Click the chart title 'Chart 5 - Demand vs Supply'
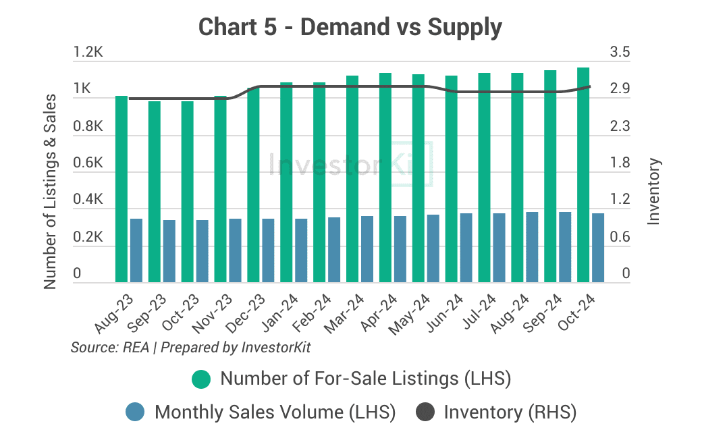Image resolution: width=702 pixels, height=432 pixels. [350, 28]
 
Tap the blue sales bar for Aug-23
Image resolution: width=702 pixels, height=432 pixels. [136, 250]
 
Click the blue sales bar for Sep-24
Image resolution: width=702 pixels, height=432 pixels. [565, 246]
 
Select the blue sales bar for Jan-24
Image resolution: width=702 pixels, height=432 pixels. [301, 250]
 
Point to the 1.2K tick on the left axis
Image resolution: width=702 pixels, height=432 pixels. [88, 53]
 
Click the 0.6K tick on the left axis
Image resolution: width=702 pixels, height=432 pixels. [88, 163]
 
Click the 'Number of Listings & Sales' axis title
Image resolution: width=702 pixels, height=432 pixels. [50, 192]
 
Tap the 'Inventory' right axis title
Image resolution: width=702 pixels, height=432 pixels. [653, 192]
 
